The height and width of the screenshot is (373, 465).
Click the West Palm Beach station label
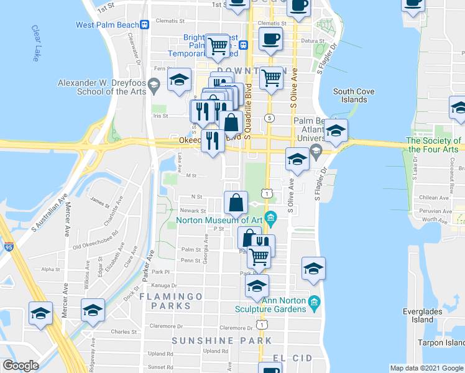point(107,25)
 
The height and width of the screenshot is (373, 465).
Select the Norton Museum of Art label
point(219,219)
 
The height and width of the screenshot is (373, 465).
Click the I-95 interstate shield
point(7,247)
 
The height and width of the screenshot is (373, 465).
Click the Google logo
point(21,366)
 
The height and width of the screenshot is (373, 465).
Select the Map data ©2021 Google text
point(426,368)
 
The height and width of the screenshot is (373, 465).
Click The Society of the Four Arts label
point(433,145)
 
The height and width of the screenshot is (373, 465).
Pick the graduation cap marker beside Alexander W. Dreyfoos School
point(179,81)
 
